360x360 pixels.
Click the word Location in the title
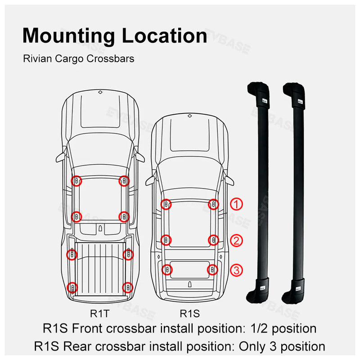click(x=166, y=36)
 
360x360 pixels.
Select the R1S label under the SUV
click(x=189, y=313)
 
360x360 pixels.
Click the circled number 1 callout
click(x=237, y=204)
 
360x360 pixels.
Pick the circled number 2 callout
click(x=237, y=240)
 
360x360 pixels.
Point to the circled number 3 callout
click(x=237, y=270)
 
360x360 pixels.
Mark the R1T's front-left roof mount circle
click(x=76, y=181)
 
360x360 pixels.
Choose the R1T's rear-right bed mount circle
click(x=127, y=287)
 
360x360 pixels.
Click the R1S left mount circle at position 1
click(x=166, y=204)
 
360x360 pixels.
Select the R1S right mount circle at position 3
click(x=212, y=270)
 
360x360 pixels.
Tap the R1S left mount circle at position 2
click(x=166, y=239)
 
